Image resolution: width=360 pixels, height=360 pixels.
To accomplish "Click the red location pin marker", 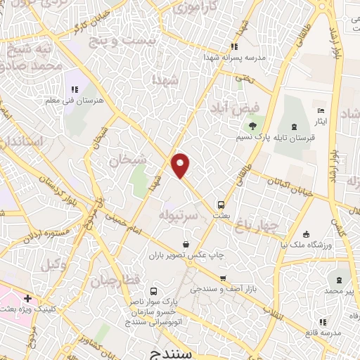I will (181, 165).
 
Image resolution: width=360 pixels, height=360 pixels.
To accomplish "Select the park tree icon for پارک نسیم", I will (252, 127).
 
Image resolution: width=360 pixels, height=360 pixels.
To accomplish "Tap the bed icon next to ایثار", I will (321, 111).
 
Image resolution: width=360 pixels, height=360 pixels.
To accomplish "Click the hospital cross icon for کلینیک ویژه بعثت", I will (27, 300).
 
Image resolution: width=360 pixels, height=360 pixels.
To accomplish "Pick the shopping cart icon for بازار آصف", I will (223, 278).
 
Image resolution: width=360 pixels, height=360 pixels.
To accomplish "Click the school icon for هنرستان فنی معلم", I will (74, 89).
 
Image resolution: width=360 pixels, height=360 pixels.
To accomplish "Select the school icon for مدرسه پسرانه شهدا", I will (235, 47).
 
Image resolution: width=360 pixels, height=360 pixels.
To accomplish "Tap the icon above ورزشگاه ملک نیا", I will (306, 234).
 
